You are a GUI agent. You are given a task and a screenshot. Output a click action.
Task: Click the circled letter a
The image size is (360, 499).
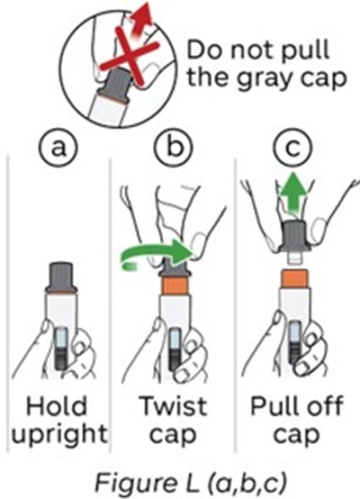58,149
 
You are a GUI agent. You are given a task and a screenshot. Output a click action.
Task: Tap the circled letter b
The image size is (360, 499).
174,148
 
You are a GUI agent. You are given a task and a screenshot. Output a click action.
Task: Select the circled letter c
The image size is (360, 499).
293,148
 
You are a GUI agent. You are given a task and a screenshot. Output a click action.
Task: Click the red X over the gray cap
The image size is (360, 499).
129,57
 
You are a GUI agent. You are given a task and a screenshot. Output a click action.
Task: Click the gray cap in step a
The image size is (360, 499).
61,277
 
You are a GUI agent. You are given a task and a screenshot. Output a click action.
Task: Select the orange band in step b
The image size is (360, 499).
175,286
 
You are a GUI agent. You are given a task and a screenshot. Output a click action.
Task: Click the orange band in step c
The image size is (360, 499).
295,277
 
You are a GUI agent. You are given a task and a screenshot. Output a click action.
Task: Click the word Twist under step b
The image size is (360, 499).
174,406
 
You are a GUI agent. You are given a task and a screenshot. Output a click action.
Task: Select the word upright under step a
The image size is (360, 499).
59,435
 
